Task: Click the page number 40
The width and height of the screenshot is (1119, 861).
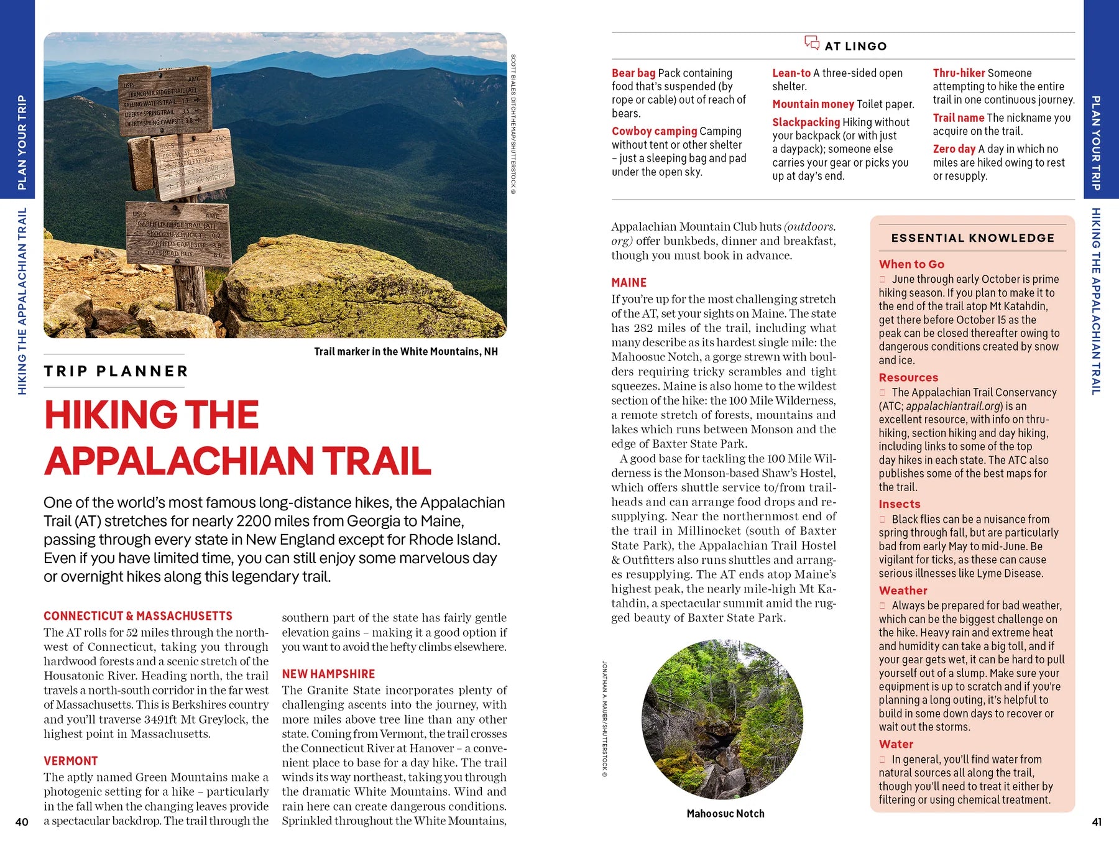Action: (22, 822)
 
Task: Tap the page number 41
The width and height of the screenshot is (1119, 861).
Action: (1097, 822)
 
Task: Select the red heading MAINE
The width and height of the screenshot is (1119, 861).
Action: (629, 282)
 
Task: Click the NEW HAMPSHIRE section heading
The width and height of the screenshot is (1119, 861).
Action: (328, 674)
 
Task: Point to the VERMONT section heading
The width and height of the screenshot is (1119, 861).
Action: (70, 761)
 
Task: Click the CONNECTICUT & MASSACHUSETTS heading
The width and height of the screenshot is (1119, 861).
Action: (137, 616)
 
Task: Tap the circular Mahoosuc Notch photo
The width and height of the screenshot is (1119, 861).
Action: (722, 719)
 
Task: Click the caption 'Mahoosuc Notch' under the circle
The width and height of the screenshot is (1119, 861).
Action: (725, 813)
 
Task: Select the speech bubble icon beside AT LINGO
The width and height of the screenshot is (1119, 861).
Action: (812, 43)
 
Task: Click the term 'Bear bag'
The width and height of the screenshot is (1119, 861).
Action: (633, 73)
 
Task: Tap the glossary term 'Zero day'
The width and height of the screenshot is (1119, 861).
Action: (954, 149)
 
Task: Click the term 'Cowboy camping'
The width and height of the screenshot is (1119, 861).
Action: (654, 131)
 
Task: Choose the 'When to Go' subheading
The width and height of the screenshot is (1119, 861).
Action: (911, 264)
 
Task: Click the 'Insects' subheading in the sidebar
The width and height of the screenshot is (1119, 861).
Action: (899, 504)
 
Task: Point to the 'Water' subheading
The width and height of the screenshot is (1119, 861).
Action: (896, 744)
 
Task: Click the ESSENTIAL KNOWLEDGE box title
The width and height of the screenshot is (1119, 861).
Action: (972, 238)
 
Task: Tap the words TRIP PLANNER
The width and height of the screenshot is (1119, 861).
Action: (116, 371)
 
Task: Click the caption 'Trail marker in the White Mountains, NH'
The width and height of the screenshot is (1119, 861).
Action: (405, 352)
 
